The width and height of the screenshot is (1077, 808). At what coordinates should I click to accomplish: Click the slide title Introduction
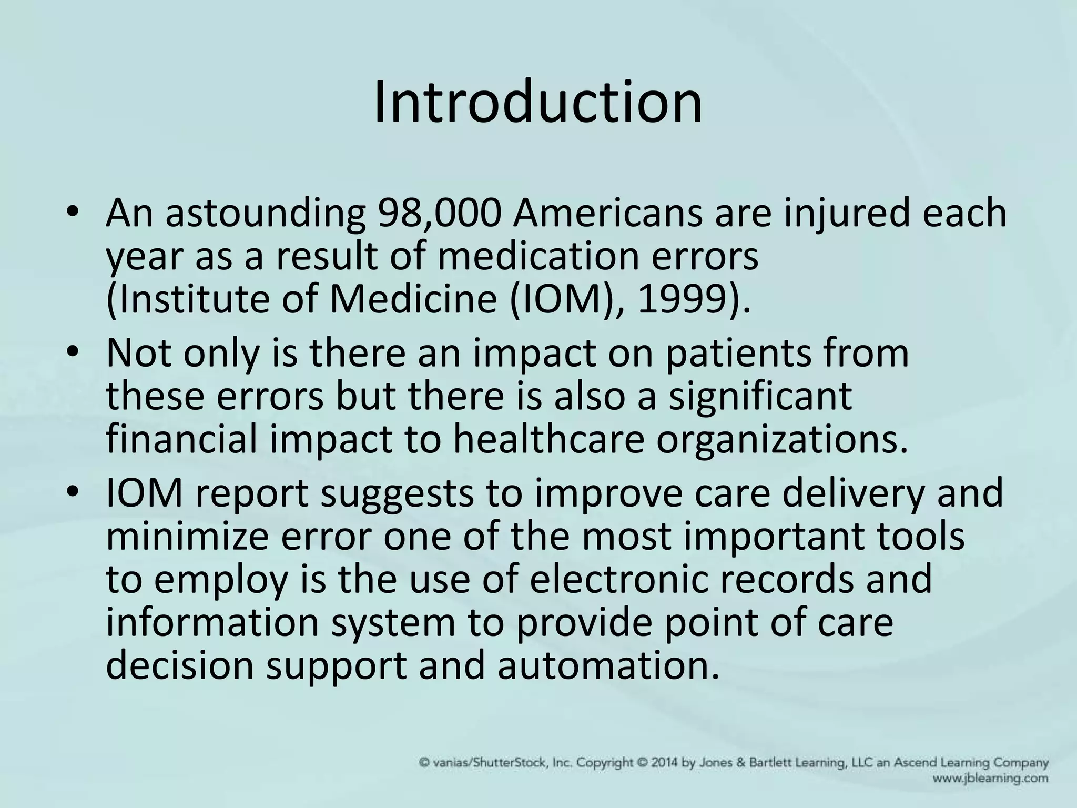click(x=538, y=102)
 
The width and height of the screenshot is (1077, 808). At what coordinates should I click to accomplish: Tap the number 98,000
click(x=438, y=214)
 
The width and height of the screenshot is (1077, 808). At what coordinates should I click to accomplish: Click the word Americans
click(x=607, y=214)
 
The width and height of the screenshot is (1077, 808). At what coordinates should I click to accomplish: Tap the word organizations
click(x=782, y=440)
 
